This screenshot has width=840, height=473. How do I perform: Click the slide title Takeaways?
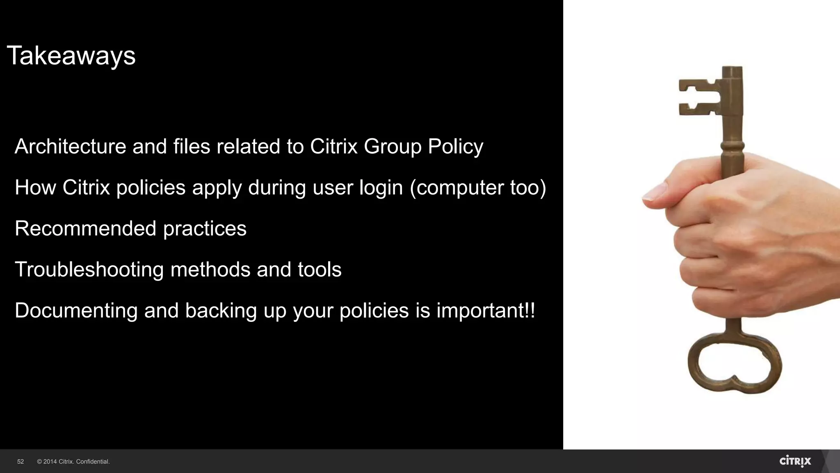(x=71, y=55)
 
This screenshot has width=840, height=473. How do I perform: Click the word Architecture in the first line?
(x=70, y=146)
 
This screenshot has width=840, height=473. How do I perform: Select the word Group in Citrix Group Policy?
(x=393, y=146)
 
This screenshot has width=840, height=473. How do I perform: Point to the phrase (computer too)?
(x=478, y=187)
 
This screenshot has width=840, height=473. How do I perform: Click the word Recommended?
(x=85, y=228)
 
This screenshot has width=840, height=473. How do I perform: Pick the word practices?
(x=205, y=229)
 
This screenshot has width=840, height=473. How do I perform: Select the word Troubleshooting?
(x=89, y=270)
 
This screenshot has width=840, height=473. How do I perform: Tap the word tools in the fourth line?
(x=320, y=269)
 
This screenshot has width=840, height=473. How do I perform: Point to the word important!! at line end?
(x=486, y=310)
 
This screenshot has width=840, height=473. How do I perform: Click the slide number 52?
(x=21, y=462)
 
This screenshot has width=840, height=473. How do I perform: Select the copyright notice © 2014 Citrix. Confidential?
(x=73, y=462)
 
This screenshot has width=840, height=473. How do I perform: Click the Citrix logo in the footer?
(x=795, y=461)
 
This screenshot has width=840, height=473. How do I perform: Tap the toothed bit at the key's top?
(x=699, y=97)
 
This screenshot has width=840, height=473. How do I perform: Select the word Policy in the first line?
(x=456, y=146)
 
